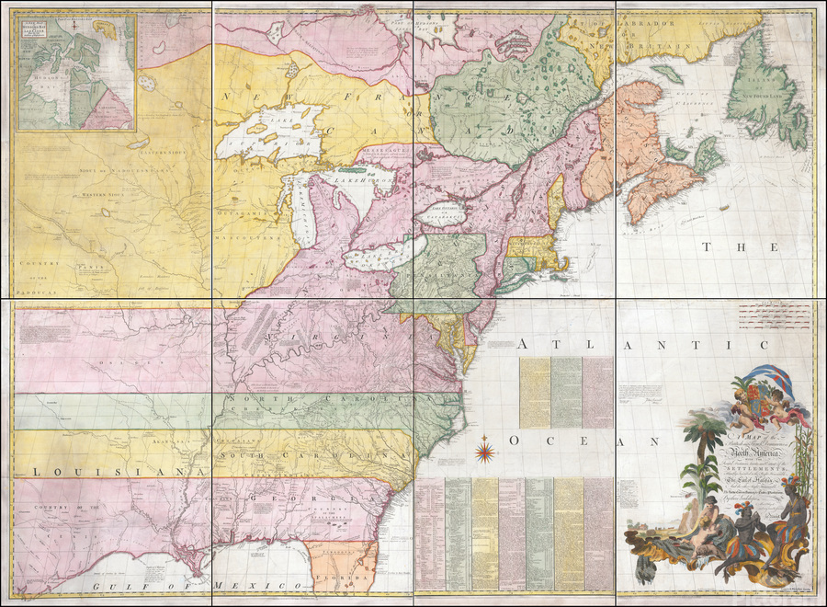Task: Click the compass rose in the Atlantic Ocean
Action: (x=484, y=452)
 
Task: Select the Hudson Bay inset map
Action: (x=75, y=73)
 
